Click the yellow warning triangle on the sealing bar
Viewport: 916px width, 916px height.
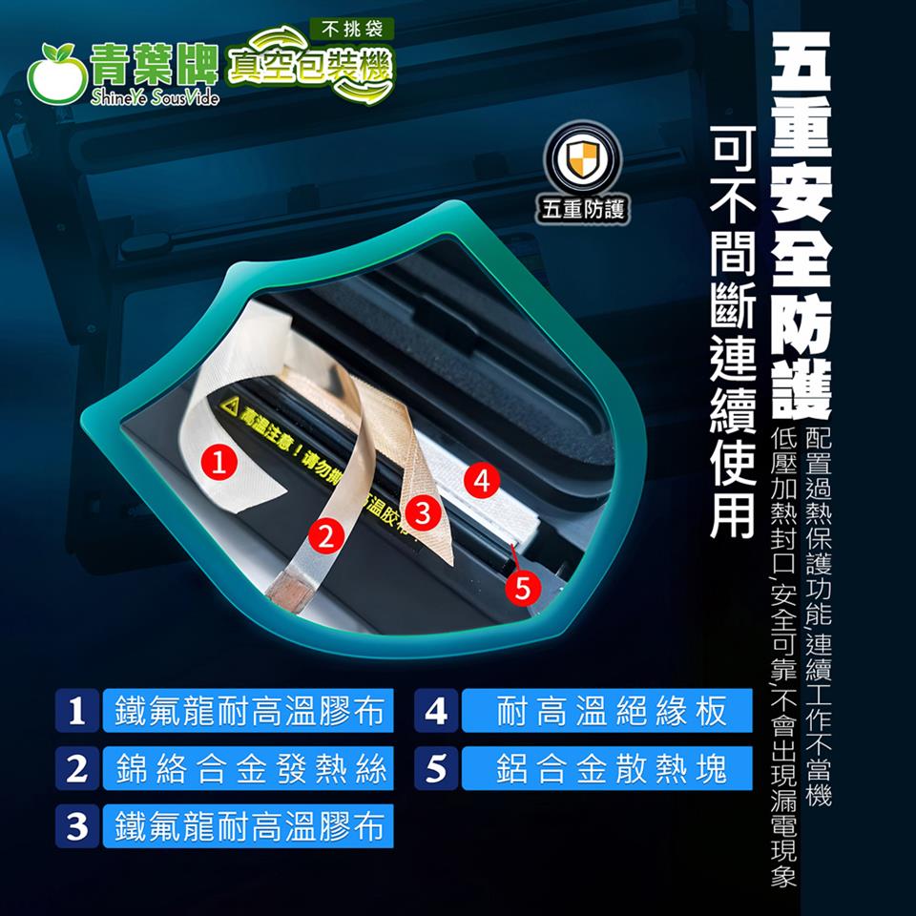click(x=228, y=408)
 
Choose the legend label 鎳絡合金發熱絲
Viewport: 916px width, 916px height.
click(x=248, y=769)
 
